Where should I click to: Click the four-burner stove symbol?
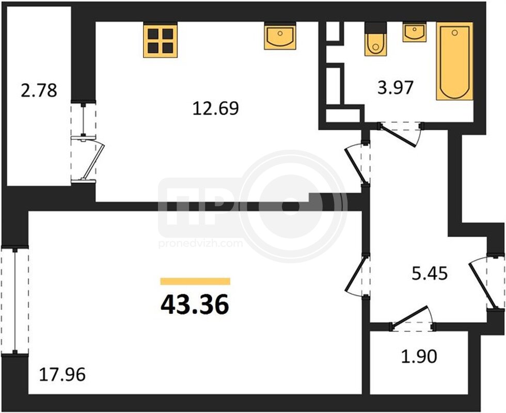[x=161, y=40]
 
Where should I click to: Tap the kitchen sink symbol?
[x=280, y=36]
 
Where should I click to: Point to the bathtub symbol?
[x=455, y=61]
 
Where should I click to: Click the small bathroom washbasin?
[x=414, y=32]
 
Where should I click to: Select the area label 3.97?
[x=396, y=87]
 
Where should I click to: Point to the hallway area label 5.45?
[x=430, y=274]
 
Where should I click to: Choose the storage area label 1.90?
[x=419, y=357]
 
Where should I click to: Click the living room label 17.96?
[x=62, y=375]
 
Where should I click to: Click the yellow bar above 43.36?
[x=195, y=281]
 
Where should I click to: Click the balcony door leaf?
[x=93, y=161]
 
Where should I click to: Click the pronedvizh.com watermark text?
[x=200, y=243]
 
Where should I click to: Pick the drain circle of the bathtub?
[x=455, y=32]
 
